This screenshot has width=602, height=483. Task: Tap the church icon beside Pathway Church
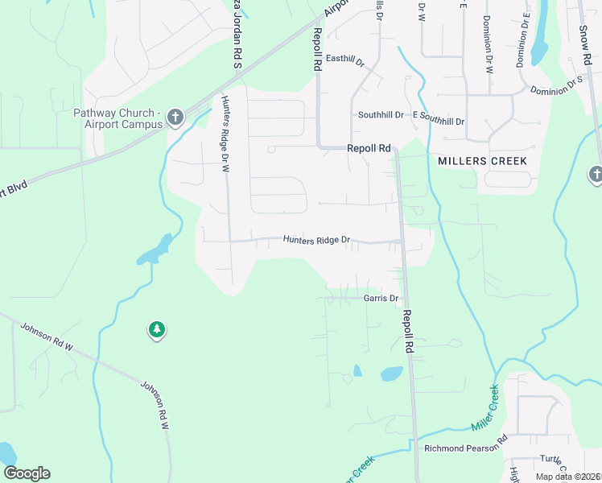pos(175,119)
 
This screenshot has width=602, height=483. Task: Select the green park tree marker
pos(156,329)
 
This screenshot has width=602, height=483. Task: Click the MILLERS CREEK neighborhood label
pos(483,161)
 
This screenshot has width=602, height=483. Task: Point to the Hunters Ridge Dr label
pos(317,240)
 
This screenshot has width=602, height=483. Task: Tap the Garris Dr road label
pos(381,299)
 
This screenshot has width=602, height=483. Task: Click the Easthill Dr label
pos(345,61)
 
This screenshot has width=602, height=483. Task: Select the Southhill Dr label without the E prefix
pos(381,115)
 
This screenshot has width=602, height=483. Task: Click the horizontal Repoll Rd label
pos(369,148)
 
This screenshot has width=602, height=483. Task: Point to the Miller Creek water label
pos(484,406)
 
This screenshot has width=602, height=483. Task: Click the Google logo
pos(27,473)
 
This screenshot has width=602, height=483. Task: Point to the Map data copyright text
pos(568,477)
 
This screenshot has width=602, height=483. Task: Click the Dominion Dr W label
pos(488,44)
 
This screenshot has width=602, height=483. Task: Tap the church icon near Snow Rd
pos(596,174)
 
